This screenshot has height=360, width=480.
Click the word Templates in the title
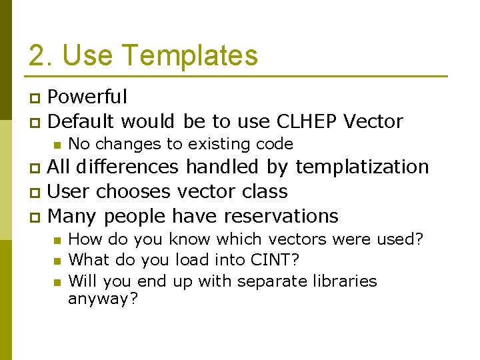pos(188,56)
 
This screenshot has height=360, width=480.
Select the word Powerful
pos(87,97)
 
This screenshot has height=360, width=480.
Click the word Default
pos(81,121)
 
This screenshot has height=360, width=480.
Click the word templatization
pos(363,167)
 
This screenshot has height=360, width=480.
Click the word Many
pos(73,216)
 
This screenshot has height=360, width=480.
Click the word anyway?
pos(103,299)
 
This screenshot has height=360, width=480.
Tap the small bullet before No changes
pos(57,145)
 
